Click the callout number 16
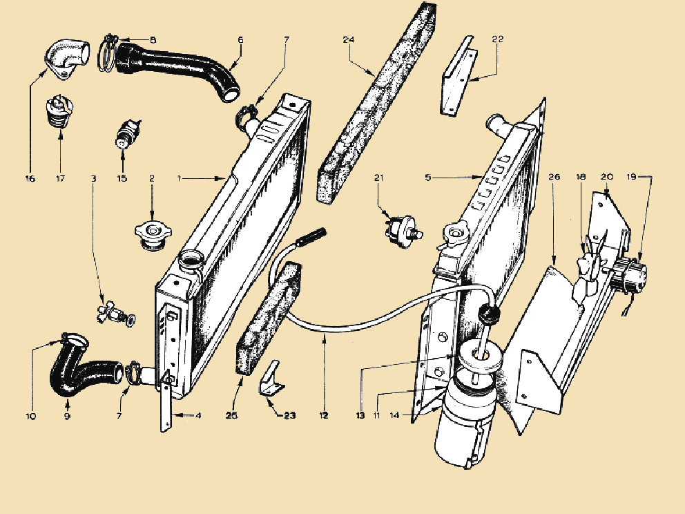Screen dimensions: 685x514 tap(30, 178)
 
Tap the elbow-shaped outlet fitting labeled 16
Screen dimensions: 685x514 tap(67, 59)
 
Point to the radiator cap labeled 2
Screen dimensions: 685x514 tap(153, 236)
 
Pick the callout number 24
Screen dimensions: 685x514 tap(349, 40)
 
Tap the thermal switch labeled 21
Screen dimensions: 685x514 tap(403, 229)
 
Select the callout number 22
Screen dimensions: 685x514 tap(498, 39)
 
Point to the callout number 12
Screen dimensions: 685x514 tap(324, 415)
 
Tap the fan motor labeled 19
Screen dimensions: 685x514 tap(629, 272)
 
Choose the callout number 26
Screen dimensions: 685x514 tap(554, 177)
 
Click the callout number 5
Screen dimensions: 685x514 tap(428, 177)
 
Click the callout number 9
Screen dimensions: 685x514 tap(67, 416)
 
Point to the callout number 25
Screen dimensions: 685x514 tap(231, 415)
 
